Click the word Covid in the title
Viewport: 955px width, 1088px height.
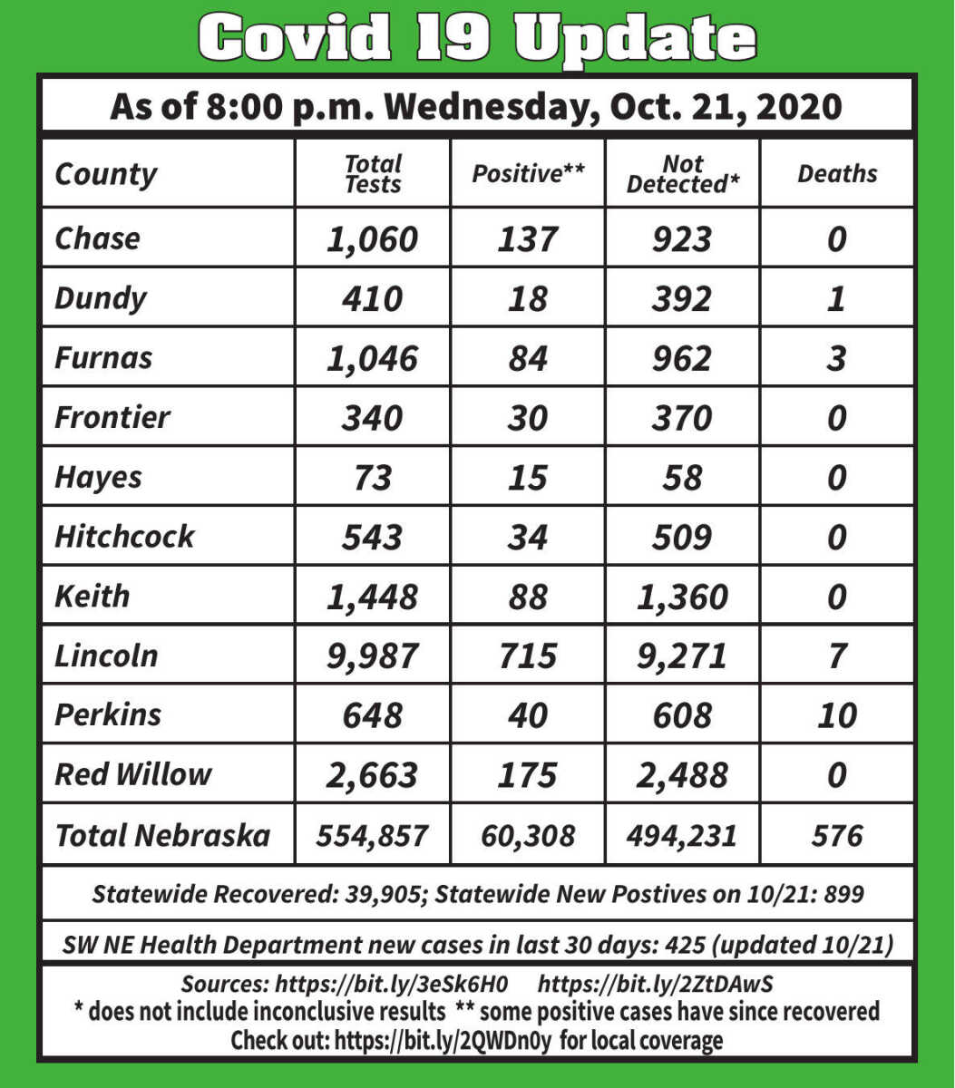pyautogui.click(x=294, y=38)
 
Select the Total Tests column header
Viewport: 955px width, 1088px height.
pyautogui.click(x=373, y=174)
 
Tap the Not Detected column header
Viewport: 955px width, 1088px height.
pyautogui.click(x=682, y=174)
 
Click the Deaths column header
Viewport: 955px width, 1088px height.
pyautogui.click(x=837, y=174)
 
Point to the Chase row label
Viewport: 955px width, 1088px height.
pyautogui.click(x=97, y=238)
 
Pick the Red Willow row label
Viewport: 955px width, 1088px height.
pyautogui.click(x=132, y=774)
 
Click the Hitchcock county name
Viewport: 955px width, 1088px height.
pyautogui.click(x=124, y=536)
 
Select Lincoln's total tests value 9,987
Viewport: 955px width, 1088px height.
pyautogui.click(x=373, y=656)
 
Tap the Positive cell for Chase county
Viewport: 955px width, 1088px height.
pyautogui.click(x=527, y=238)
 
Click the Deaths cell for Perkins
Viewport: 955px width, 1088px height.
pyautogui.click(x=837, y=715)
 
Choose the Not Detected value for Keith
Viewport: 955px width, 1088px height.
pyautogui.click(x=682, y=597)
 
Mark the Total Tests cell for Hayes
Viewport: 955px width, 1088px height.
pyautogui.click(x=373, y=477)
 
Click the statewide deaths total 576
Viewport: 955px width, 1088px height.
pyautogui.click(x=837, y=835)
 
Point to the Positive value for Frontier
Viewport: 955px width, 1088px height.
pyautogui.click(x=527, y=418)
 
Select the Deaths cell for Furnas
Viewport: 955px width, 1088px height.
pyautogui.click(x=837, y=358)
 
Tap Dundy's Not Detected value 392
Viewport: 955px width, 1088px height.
pyautogui.click(x=682, y=298)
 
